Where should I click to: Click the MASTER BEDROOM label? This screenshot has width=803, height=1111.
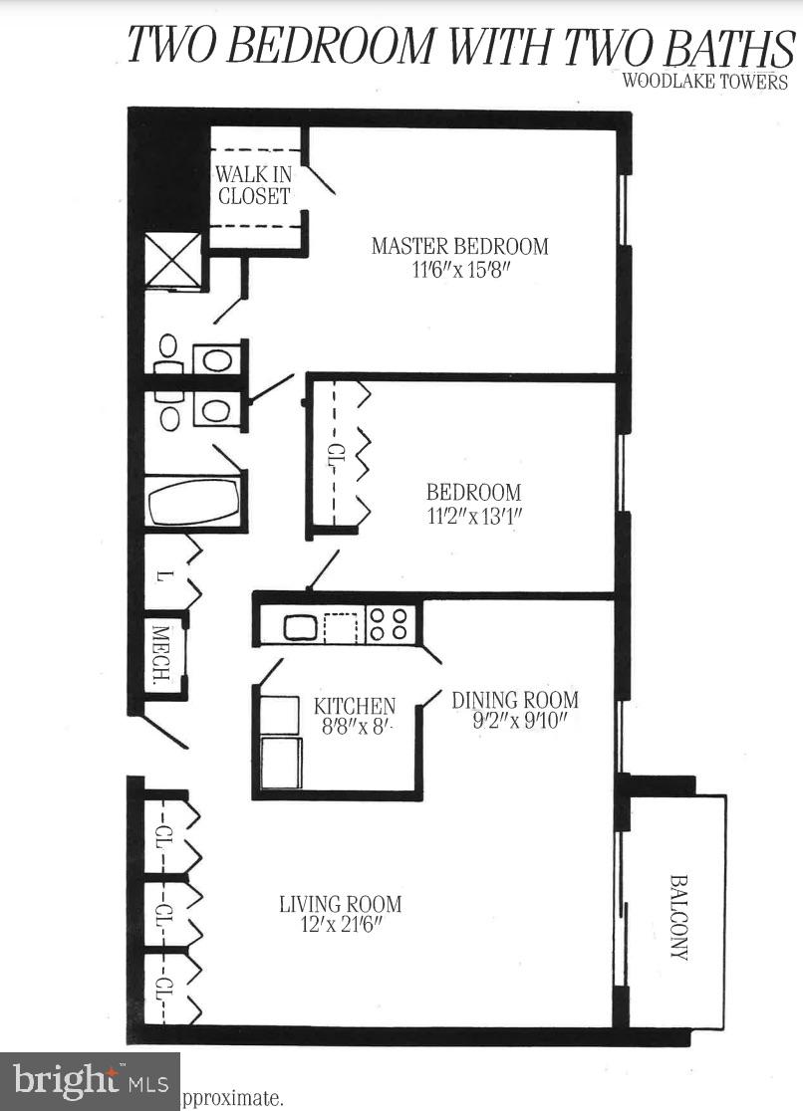click(459, 245)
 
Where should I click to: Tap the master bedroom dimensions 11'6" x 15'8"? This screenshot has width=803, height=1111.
click(459, 270)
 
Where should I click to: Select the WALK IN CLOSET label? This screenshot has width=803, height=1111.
click(253, 185)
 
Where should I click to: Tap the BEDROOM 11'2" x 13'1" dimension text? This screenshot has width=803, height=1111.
click(473, 516)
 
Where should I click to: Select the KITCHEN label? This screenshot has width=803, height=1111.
click(355, 706)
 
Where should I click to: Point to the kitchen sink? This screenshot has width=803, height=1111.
click(300, 627)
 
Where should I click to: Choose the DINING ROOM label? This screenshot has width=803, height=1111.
click(514, 699)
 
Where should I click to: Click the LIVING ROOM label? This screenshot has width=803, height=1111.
click(340, 904)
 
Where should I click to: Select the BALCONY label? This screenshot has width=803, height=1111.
click(678, 916)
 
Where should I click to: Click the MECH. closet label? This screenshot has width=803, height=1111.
click(159, 656)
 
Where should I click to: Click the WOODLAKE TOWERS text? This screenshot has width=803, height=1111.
click(704, 82)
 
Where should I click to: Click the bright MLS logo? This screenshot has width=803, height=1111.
click(90, 1080)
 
